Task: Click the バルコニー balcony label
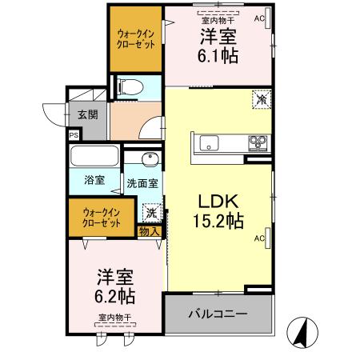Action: click(x=218, y=314)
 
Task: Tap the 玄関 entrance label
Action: click(x=88, y=114)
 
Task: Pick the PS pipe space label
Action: click(x=74, y=136)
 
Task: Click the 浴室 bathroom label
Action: click(x=94, y=180)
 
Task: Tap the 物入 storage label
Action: click(x=149, y=231)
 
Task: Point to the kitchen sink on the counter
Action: click(x=206, y=144)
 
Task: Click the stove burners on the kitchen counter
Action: click(x=258, y=144)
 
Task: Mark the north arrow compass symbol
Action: click(x=301, y=330)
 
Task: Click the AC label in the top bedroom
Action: click(x=259, y=17)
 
